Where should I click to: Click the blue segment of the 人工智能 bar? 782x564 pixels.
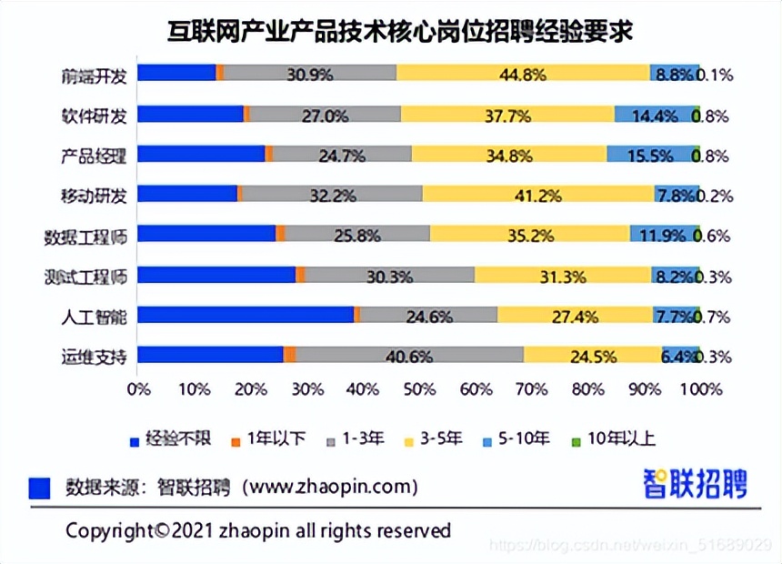coord(246,315)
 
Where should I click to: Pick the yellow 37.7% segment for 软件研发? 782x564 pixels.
coord(507,115)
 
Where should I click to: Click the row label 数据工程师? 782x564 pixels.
coord(85,235)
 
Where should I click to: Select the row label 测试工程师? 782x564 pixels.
coord(85,275)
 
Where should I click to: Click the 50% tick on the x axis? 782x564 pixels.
coord(419,389)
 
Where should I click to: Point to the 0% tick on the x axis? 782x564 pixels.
coord(138,389)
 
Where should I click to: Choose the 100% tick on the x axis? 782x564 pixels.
coord(700,389)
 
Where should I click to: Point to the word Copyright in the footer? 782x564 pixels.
coord(108,529)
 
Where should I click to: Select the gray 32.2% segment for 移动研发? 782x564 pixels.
coord(332,195)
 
